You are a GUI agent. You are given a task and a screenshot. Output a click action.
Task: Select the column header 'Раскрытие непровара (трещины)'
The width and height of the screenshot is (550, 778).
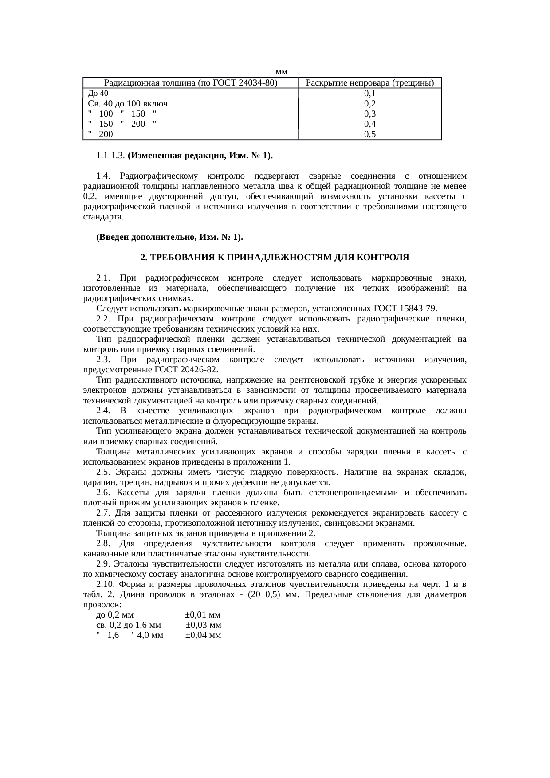pos(370,83)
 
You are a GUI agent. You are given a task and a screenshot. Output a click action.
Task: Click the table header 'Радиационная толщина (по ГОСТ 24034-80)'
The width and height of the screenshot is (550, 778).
pos(191,83)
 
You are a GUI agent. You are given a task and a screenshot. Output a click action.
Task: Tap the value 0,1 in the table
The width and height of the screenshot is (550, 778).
pos(370,94)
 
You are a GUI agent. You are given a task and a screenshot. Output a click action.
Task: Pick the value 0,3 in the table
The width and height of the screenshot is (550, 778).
pos(370,114)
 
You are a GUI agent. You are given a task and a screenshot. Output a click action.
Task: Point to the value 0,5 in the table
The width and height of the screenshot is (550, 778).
pos(370,134)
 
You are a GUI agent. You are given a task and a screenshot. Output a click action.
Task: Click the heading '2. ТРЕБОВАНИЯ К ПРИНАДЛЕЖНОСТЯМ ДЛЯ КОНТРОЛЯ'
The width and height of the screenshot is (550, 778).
pos(275,258)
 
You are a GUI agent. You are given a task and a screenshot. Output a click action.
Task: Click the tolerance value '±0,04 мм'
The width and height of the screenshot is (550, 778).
pos(203,636)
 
